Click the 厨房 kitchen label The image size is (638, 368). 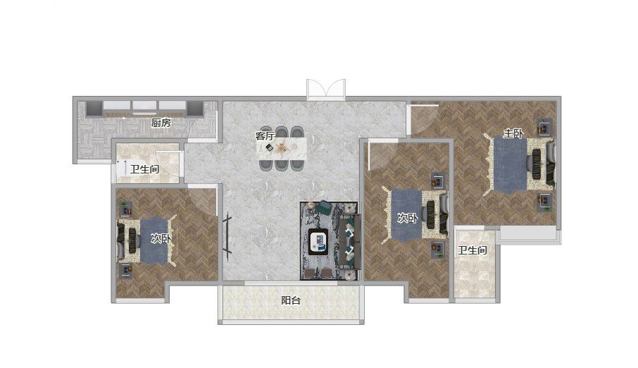(x=161, y=122)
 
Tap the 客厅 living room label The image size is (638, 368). (x=265, y=135)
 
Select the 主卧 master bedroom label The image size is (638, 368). (x=513, y=133)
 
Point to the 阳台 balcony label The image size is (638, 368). (x=291, y=301)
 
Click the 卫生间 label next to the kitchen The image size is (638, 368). (x=144, y=168)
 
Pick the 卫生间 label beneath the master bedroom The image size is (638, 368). (x=473, y=250)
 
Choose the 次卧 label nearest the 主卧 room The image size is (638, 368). (x=407, y=218)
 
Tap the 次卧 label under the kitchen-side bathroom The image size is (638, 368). (x=161, y=238)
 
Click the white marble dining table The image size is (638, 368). (x=281, y=148)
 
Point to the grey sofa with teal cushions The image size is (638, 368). (x=351, y=242)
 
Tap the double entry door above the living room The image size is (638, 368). (x=326, y=90)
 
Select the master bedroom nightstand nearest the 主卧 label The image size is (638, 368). (x=544, y=127)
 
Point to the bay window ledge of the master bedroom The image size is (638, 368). (x=528, y=233)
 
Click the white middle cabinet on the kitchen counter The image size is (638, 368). (x=144, y=106)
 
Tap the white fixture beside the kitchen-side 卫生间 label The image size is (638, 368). (x=120, y=168)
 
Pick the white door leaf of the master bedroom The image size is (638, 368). (x=425, y=105)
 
